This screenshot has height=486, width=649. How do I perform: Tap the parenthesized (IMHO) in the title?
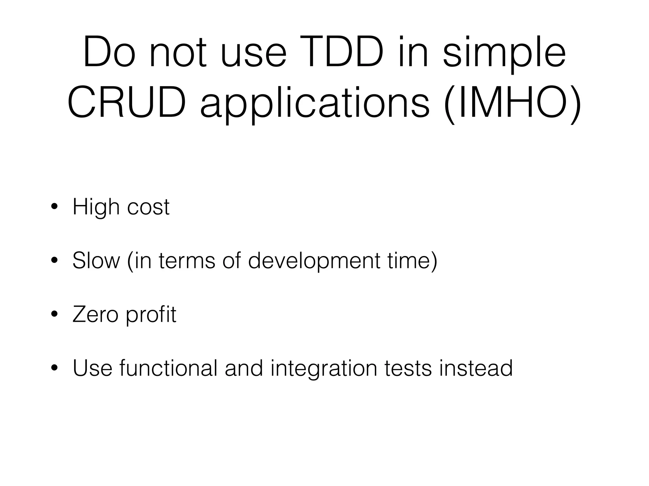512,103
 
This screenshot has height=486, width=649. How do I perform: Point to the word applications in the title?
314,104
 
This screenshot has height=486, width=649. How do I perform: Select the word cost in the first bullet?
148,207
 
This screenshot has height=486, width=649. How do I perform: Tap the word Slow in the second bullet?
96,261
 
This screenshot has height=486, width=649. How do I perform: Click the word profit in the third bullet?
151,315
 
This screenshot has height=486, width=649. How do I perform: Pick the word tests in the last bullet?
408,368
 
